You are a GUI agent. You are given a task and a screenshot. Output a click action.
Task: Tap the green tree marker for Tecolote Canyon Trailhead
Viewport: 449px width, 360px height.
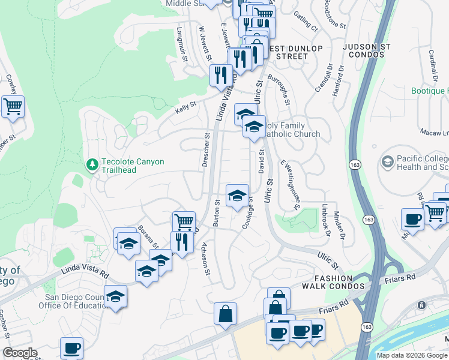point(92,164)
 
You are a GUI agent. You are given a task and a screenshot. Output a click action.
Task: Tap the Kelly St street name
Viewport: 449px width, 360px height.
point(185,106)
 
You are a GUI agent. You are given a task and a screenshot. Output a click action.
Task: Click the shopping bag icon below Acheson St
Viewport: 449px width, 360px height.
point(225,314)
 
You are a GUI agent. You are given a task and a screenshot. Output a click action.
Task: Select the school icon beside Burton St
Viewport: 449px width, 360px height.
point(237,196)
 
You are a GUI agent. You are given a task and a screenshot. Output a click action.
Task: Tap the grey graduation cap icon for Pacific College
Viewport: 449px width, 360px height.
point(387,161)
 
